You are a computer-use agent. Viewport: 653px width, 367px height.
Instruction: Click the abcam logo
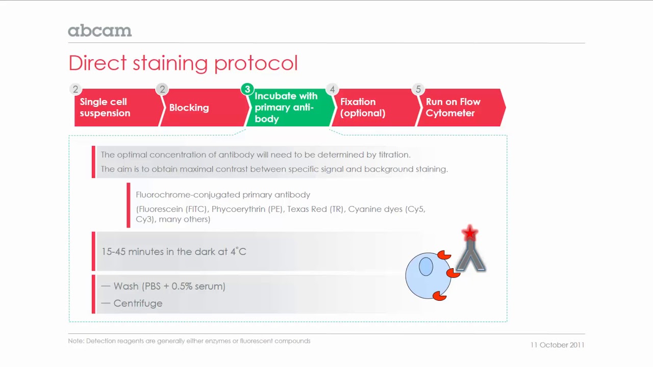pyautogui.click(x=100, y=31)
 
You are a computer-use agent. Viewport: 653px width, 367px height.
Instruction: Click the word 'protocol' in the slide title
pyautogui.click(x=256, y=63)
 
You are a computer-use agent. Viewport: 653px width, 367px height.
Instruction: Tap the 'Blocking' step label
pyautogui.click(x=189, y=108)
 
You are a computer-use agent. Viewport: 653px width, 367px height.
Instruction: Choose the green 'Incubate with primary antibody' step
pyautogui.click(x=286, y=108)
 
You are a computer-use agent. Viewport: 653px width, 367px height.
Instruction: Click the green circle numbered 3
pyautogui.click(x=247, y=89)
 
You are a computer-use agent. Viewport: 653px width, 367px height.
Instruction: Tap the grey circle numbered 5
pyautogui.click(x=418, y=89)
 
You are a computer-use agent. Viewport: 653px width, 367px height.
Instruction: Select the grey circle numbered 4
pyautogui.click(x=332, y=89)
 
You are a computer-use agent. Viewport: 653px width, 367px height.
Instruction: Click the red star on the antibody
pyautogui.click(x=469, y=234)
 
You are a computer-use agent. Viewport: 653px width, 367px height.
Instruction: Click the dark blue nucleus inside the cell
pyautogui.click(x=426, y=267)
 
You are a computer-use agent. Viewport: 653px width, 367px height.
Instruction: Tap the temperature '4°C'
pyautogui.click(x=238, y=251)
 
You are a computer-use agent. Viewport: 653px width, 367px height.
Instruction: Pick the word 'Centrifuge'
pyautogui.click(x=138, y=303)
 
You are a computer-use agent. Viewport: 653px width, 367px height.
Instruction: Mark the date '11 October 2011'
pyautogui.click(x=557, y=345)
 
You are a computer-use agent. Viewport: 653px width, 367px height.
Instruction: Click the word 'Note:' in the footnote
pyautogui.click(x=76, y=341)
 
